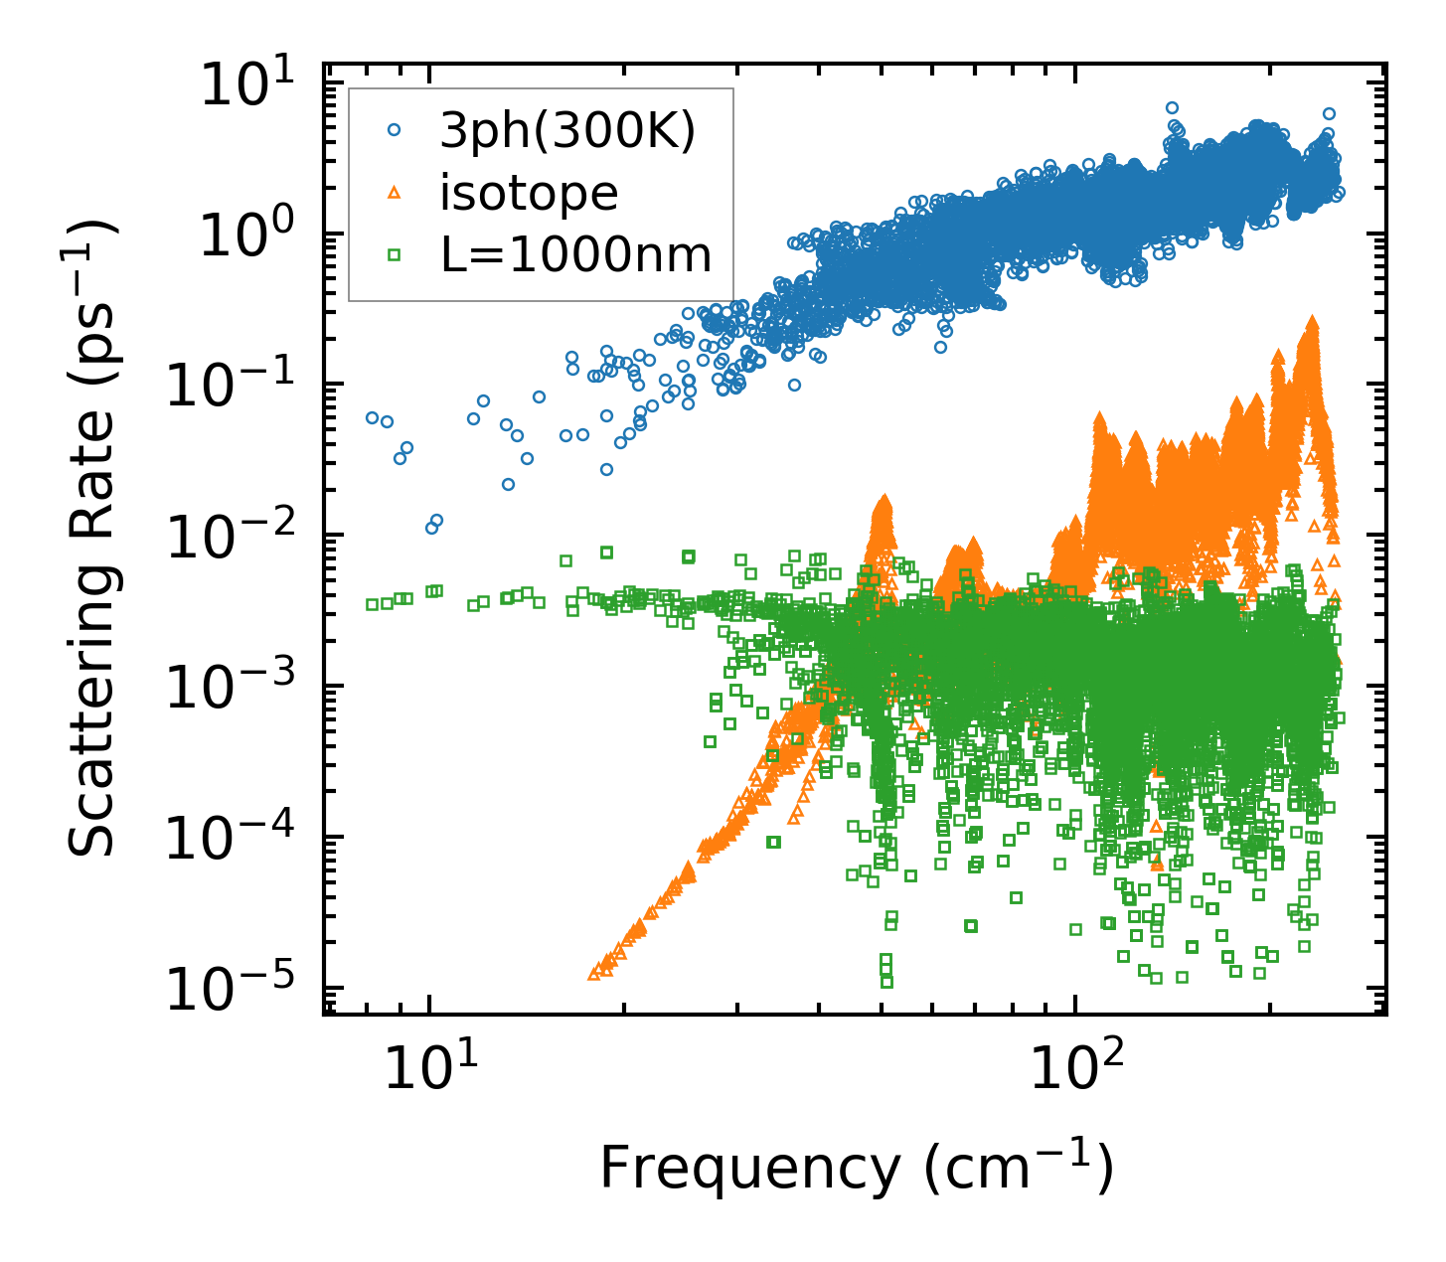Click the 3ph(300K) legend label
[x=567, y=132]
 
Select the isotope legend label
[x=529, y=193]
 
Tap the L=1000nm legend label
[x=576, y=255]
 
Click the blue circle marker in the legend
[x=395, y=130]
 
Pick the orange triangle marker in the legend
[x=395, y=193]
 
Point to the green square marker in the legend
[x=395, y=255]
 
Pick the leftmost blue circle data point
[x=372, y=418]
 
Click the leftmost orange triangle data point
[x=593, y=974]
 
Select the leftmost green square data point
[x=372, y=604]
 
